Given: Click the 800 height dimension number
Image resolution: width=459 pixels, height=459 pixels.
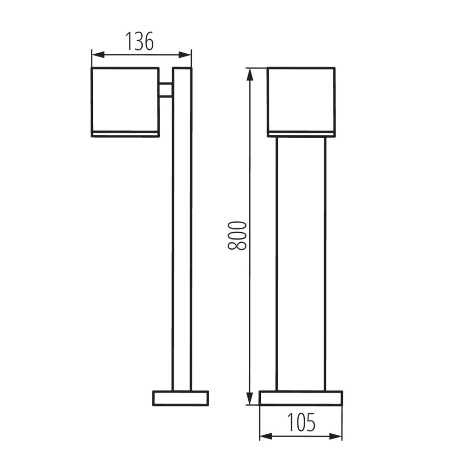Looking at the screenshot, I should coord(237,235).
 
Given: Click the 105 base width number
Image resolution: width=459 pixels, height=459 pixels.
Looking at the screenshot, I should coord(301,423).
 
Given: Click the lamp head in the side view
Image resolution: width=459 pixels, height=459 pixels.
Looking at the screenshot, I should coord(125,99).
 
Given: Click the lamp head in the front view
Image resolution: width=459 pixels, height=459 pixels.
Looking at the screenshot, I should coord(301,99).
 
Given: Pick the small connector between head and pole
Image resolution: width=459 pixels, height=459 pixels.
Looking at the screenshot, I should coord(165,90).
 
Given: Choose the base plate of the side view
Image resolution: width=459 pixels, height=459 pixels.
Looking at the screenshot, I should coord(180,398).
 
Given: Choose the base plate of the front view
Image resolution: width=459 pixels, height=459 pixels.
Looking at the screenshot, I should coord(301,398).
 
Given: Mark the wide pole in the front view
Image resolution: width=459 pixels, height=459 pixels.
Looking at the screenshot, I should coord(301,262).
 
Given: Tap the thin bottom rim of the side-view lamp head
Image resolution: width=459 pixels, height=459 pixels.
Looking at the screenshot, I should coord(125,134).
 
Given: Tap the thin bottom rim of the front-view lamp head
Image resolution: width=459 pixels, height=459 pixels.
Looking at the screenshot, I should coord(301,134).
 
